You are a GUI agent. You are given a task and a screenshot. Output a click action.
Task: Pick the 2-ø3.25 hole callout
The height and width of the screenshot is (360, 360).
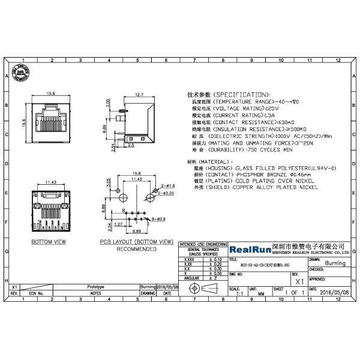pyautogui.click(x=167, y=194)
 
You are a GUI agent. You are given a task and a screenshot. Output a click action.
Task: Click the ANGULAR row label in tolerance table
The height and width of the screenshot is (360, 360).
pyautogui.click(x=191, y=278)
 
